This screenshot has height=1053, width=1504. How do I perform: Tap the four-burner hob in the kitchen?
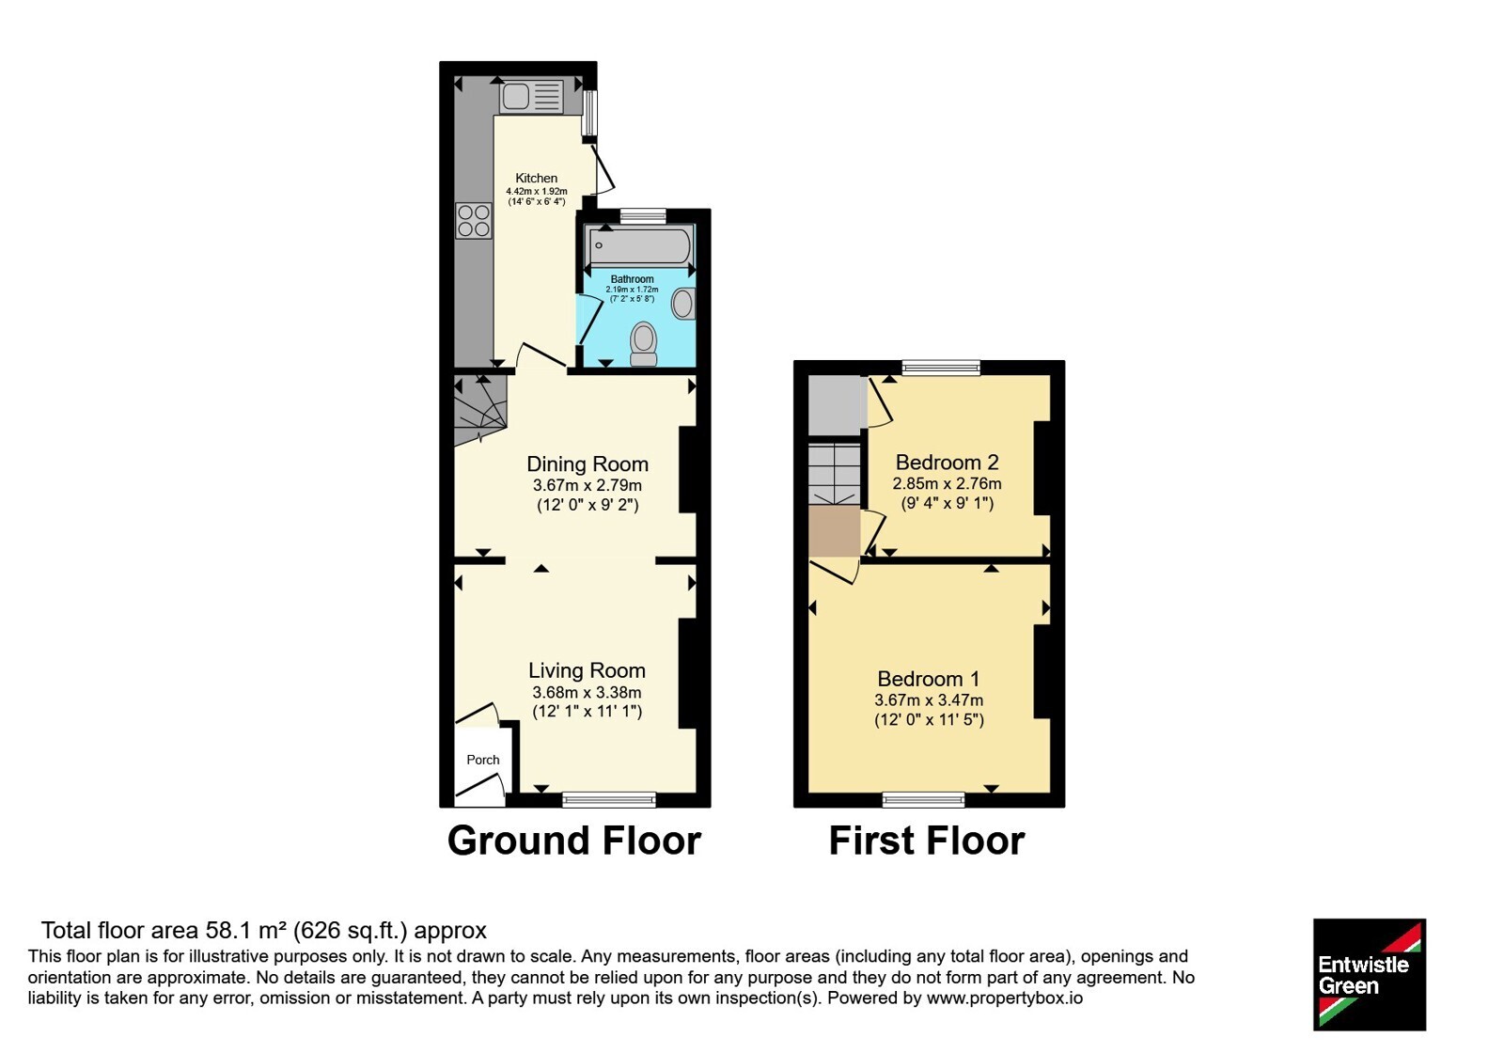pos(474,221)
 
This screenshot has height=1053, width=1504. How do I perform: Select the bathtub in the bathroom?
pos(640,246)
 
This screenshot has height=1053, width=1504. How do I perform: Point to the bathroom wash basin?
pos(683,304)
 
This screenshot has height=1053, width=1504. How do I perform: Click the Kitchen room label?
pos(536,178)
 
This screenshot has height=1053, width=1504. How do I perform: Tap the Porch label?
pos(483,760)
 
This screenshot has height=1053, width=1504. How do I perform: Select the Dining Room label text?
pos(587,464)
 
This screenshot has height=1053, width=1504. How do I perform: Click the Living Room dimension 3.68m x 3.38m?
pos(587,692)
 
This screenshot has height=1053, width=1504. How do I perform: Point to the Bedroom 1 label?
pos(929,679)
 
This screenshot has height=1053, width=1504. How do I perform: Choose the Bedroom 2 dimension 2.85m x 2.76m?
pos(947,483)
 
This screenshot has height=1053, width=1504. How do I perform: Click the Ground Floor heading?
pos(574,841)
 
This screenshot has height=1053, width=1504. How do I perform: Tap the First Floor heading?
pos(927,841)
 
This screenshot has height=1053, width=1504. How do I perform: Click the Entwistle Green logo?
pos(1370,974)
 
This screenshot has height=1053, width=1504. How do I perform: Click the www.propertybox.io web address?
pos(1005,998)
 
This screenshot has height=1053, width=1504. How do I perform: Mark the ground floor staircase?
pos(480,410)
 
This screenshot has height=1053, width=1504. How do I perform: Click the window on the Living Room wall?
pos(609,799)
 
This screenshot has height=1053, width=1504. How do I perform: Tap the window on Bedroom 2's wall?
pos(941,368)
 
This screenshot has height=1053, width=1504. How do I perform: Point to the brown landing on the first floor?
pos(834,531)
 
